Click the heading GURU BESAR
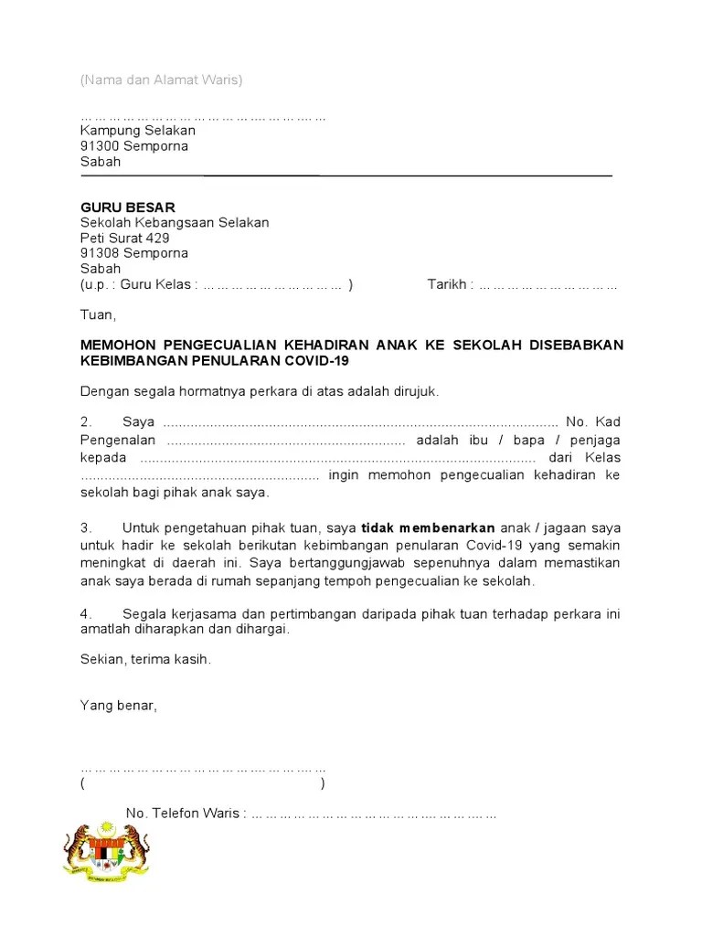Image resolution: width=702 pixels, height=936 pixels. (127, 207)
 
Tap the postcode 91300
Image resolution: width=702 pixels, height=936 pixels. (99, 146)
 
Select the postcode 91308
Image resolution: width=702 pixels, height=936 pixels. (99, 253)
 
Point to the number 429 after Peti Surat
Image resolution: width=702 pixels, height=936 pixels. (157, 238)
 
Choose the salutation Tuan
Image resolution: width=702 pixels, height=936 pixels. (98, 315)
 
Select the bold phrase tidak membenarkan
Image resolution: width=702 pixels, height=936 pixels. (429, 528)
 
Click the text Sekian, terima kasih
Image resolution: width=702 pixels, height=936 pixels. (145, 659)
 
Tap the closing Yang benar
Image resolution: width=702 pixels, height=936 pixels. (119, 706)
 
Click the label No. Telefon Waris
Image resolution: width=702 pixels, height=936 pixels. (183, 814)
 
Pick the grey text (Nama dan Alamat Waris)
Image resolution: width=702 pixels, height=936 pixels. (161, 80)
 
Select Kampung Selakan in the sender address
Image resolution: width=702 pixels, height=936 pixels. (138, 131)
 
